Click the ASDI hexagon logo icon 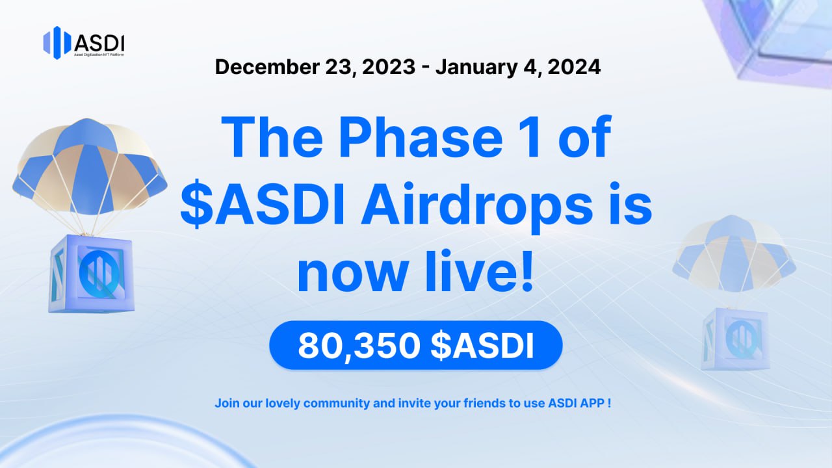[x=57, y=43]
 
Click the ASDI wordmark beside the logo [x=99, y=44]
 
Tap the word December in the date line [x=267, y=67]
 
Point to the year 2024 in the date [x=574, y=67]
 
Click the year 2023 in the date [x=389, y=67]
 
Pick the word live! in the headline [x=479, y=272]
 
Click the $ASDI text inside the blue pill [x=482, y=345]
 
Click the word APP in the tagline [x=591, y=403]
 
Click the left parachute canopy [x=89, y=167]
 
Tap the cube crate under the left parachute [x=92, y=274]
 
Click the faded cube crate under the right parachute [x=735, y=339]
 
